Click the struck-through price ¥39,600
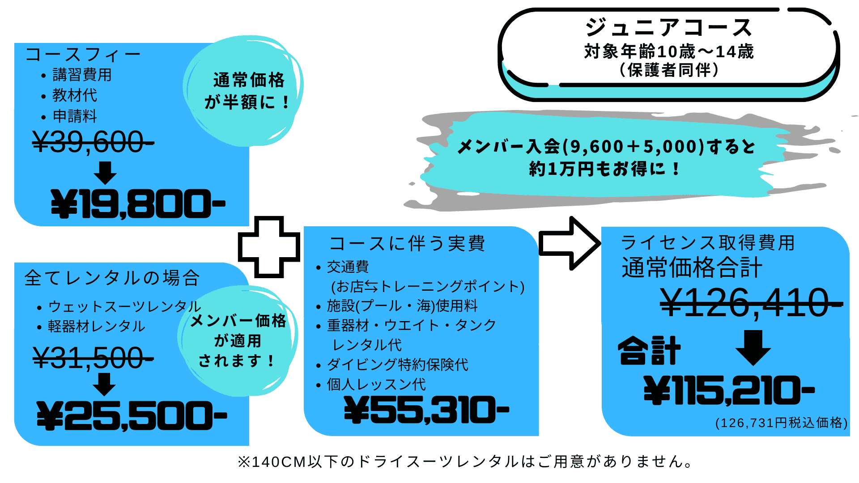point(93,142)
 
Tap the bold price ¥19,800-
point(138,203)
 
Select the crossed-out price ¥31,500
point(93,358)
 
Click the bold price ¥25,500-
point(132,415)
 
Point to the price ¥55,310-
point(426,410)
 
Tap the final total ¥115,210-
point(729,390)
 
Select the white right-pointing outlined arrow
point(570,243)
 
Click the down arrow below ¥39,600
point(106,173)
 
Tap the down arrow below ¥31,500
point(104,384)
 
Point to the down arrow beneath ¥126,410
point(753,348)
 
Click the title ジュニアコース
point(669,27)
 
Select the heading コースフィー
point(83,55)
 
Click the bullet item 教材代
point(75,95)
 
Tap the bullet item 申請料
point(75,116)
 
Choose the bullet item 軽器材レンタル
point(97,326)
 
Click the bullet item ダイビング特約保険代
point(398,364)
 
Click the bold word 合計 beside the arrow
point(650,351)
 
